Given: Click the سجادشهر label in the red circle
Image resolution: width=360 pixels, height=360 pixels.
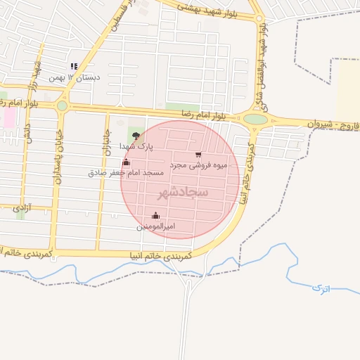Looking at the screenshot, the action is click(x=181, y=191).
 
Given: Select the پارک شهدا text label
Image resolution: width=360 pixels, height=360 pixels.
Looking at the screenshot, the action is click(x=136, y=146).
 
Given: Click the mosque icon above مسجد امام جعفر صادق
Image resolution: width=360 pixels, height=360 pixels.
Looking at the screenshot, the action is click(x=126, y=162).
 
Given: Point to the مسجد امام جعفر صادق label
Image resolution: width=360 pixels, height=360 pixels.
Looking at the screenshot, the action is click(x=126, y=172).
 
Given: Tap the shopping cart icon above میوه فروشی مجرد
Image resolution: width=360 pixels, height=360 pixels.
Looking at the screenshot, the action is click(x=198, y=154).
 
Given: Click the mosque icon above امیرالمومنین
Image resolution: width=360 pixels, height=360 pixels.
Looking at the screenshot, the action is click(x=155, y=215).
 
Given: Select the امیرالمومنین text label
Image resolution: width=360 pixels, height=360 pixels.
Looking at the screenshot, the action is click(x=155, y=226).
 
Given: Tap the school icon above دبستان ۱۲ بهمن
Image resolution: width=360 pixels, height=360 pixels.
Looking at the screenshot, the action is click(x=75, y=67).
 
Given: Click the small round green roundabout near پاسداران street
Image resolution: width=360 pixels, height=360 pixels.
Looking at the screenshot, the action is click(x=62, y=105).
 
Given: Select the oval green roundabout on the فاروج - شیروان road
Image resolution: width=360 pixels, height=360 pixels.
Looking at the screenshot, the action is click(x=256, y=119).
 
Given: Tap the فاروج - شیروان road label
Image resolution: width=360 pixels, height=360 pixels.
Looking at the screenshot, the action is click(x=333, y=124).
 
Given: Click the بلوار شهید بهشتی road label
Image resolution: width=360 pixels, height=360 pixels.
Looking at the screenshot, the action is click(x=208, y=8).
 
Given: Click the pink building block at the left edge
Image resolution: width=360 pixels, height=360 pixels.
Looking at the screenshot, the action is click(x=9, y=117).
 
